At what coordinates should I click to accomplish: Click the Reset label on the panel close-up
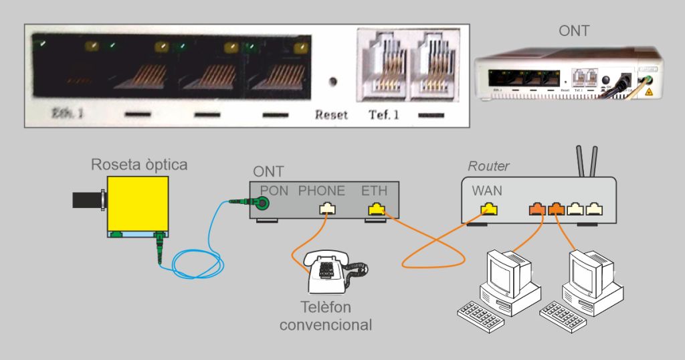pos(331,114)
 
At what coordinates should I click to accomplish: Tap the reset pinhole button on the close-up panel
pos(332,82)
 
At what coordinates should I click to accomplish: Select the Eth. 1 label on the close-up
pos(68,113)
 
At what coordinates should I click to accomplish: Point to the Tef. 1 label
pos(384,114)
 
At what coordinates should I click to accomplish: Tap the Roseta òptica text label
pos(139,165)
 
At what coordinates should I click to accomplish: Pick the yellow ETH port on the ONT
pos(377,209)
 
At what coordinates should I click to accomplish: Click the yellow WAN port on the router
pos(489,209)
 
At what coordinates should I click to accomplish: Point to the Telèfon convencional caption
pos(325,316)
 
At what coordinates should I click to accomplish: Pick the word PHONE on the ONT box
pos(322,191)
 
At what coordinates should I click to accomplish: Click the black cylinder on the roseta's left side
pos(87,199)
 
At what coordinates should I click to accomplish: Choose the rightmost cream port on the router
pos(593,209)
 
